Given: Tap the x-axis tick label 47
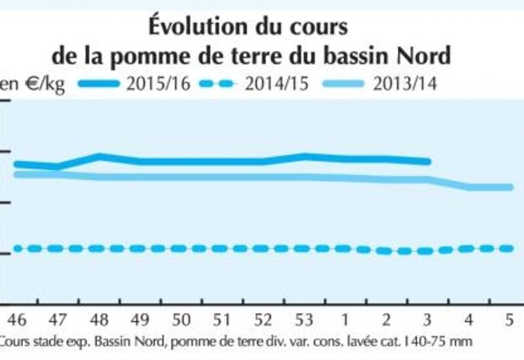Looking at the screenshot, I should coord(57,321).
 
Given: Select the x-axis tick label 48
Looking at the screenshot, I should coord(98,321).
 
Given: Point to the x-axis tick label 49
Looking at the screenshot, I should coord(140,321).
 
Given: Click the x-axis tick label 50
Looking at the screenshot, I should coord(181,321).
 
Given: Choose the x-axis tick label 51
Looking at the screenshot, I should coord(222,321).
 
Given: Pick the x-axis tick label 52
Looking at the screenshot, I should coord(263,321).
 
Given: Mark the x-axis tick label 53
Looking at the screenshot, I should coord(305,321).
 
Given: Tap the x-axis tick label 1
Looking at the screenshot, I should coord(345,321).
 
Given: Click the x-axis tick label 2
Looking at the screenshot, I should coord(386,321).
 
